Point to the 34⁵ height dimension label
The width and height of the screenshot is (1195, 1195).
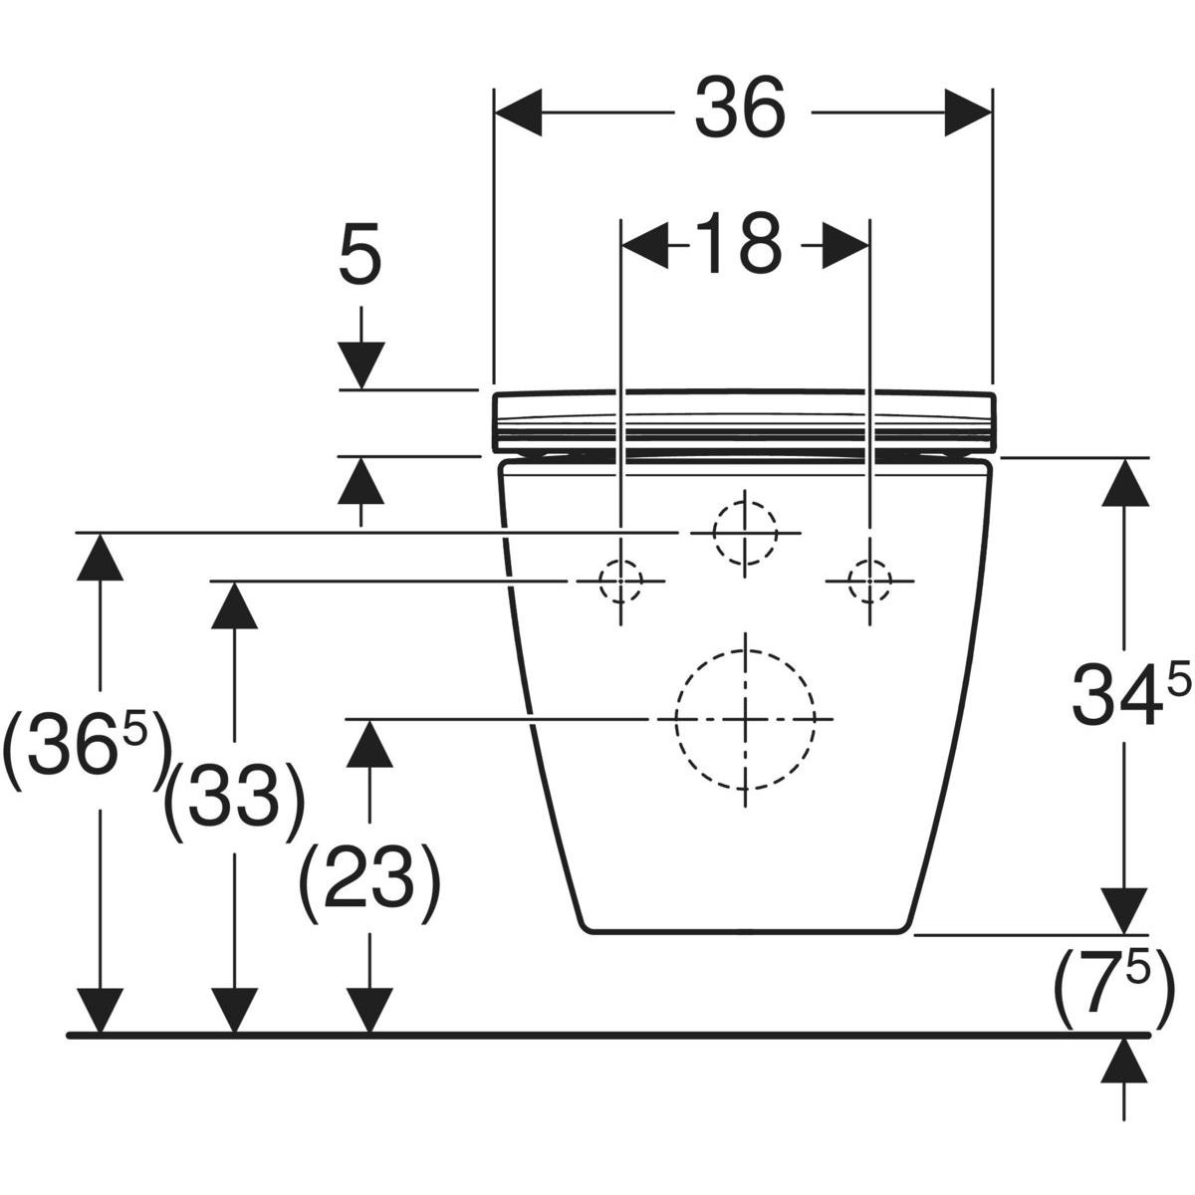click(x=1130, y=693)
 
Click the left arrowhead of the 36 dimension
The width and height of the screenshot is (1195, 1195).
click(x=519, y=113)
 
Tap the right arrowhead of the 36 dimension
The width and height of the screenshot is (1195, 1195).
click(x=968, y=113)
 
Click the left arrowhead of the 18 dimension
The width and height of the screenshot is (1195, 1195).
click(x=645, y=246)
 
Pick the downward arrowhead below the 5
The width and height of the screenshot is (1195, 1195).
click(x=361, y=364)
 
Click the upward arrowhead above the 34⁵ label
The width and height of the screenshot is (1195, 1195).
click(x=1124, y=482)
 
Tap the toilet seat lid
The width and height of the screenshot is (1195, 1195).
click(x=744, y=420)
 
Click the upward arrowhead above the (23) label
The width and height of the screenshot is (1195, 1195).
click(x=369, y=744)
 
